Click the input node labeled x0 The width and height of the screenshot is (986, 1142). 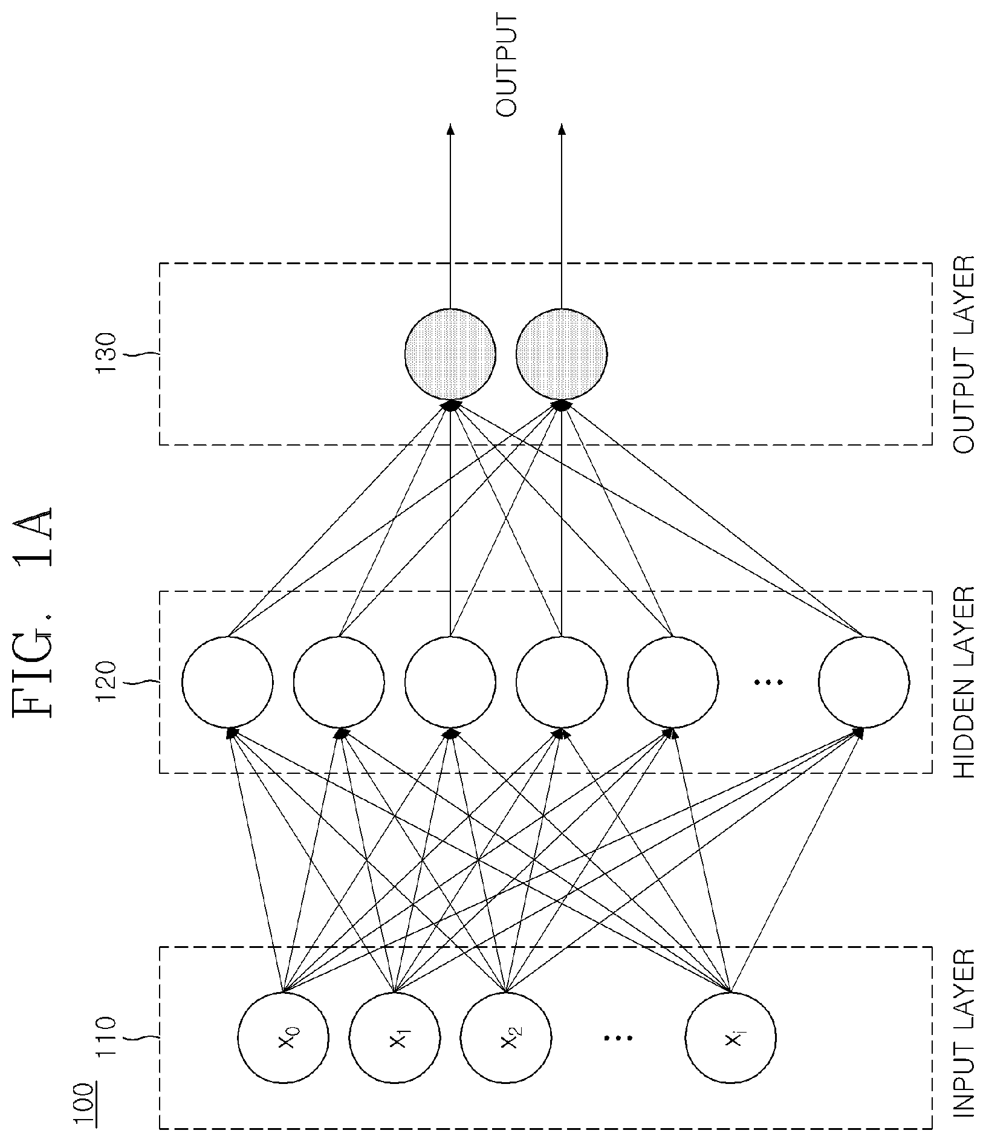point(283,1039)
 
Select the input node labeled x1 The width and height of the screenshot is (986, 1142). point(395,1039)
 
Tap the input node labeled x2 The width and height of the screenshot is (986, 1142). point(506,1039)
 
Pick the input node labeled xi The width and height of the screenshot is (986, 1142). point(731,1039)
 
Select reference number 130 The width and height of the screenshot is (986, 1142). point(106,353)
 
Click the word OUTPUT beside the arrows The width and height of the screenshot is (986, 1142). point(506,67)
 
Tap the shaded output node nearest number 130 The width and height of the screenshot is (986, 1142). point(450,354)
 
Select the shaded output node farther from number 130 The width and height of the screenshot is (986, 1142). point(562,354)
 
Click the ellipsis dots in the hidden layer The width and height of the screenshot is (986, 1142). point(768,682)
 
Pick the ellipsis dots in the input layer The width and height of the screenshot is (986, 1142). point(617,1039)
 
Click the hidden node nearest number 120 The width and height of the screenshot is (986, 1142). point(227,682)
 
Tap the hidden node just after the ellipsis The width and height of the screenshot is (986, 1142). point(864,682)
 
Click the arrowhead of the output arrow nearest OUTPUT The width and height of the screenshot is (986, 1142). point(562,129)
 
